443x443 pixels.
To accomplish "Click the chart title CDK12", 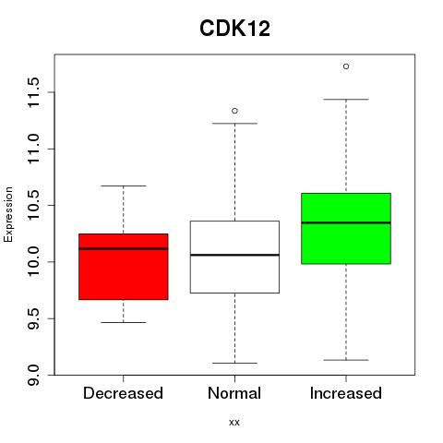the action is click(x=234, y=29).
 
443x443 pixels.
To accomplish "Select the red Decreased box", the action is click(x=124, y=267).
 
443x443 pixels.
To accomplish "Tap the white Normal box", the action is click(x=234, y=257).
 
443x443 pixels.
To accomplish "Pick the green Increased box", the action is click(x=346, y=229).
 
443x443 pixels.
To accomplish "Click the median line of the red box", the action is click(x=124, y=248).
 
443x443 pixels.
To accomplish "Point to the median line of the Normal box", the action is click(x=234, y=255).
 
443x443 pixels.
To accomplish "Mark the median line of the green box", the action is click(x=346, y=222).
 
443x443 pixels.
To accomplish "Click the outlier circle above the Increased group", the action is click(x=346, y=66).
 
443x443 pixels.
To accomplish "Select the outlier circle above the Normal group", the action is click(x=234, y=111).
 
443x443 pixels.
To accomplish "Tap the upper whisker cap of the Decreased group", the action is click(x=124, y=186).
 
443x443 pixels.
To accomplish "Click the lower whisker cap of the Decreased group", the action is click(x=124, y=322).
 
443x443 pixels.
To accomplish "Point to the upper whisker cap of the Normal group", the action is click(x=234, y=124).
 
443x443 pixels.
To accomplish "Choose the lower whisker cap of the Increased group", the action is click(x=346, y=360).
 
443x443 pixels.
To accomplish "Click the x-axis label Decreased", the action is click(x=123, y=393).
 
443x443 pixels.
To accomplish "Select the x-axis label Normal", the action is click(x=234, y=393).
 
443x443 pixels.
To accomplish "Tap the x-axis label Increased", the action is click(x=346, y=393).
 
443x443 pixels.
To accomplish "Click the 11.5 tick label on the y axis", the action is click(x=33, y=92).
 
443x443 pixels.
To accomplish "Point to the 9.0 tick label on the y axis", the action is click(x=33, y=375).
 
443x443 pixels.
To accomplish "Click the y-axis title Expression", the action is click(x=8, y=214).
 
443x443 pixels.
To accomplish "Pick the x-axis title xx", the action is click(x=234, y=423).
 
